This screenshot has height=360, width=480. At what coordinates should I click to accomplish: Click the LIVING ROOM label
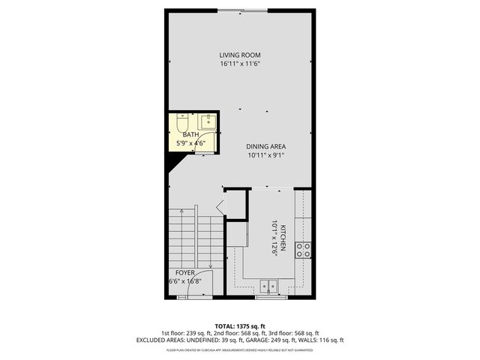239,55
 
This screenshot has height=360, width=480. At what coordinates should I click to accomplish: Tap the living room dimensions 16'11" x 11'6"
239,64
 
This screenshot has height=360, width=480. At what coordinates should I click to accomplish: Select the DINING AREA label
266,146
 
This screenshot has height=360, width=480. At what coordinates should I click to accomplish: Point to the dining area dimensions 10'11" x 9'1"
266,155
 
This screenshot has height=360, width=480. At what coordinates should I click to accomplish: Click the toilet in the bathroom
182,122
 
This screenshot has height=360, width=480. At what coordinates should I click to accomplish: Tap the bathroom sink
208,121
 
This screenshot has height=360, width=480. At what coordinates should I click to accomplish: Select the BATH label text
190,135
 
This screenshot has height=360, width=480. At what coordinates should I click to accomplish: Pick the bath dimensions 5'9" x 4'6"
190,142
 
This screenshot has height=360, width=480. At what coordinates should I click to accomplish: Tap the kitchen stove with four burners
304,250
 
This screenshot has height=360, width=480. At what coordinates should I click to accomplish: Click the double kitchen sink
270,286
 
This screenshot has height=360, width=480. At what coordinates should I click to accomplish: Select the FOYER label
186,272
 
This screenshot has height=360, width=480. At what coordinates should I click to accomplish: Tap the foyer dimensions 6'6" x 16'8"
185,281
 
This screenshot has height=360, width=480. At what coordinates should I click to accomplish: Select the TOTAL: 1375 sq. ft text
239,326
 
